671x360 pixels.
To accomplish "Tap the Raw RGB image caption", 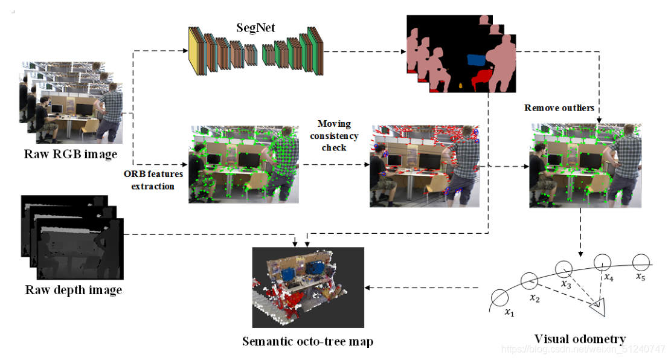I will [x=71, y=153].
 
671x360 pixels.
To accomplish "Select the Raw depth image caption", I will [x=74, y=290].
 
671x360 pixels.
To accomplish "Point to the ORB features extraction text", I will [x=149, y=181].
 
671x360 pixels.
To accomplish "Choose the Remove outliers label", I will [x=559, y=108].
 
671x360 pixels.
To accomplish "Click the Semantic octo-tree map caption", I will [x=307, y=341].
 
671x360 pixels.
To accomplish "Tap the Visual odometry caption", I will [x=579, y=339].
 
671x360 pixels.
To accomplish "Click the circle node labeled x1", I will [x=500, y=298].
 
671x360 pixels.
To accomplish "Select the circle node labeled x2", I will [x=530, y=280].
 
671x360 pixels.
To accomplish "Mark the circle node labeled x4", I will [x=603, y=262].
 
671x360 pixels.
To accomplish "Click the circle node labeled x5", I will [x=641, y=262].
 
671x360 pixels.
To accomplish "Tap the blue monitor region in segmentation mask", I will [x=477, y=60].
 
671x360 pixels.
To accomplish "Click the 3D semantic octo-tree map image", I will [x=308, y=287].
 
